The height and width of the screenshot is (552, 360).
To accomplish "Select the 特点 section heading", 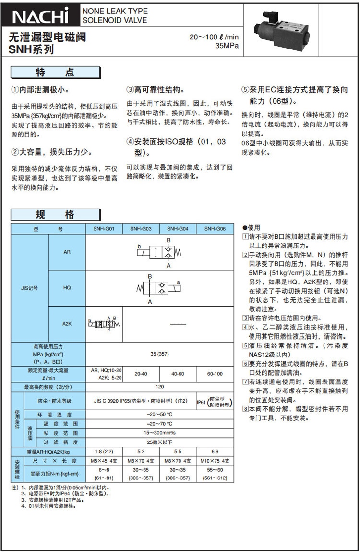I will click(x=55, y=73).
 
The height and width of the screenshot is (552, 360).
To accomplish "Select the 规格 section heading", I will click(x=55, y=215).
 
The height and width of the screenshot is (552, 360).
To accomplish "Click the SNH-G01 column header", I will click(x=104, y=229).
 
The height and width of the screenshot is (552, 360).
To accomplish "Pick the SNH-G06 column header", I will click(x=215, y=229).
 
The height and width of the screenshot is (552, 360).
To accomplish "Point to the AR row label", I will click(x=67, y=252).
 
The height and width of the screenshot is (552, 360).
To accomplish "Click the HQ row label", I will click(x=67, y=287).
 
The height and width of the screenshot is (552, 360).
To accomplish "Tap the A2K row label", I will click(x=67, y=323).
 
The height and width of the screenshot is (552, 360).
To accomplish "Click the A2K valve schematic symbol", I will click(x=104, y=324).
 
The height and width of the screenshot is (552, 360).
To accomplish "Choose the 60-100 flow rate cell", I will click(x=215, y=373).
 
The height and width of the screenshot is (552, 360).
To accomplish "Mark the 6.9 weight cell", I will click(x=215, y=452).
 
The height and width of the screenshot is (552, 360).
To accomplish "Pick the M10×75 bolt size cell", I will click(x=215, y=461).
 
